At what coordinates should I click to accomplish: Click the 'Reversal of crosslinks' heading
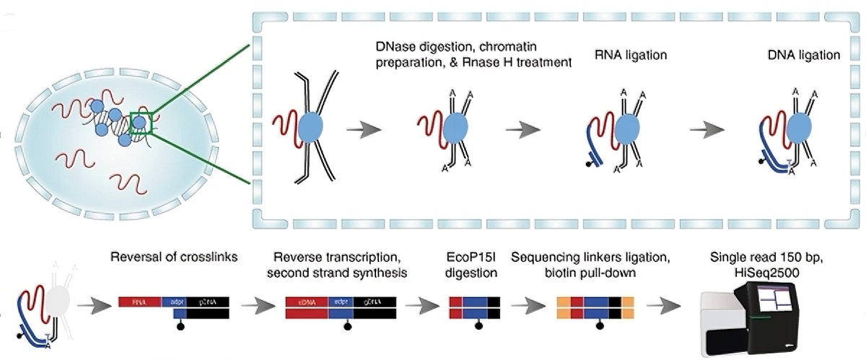tap(174, 258)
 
